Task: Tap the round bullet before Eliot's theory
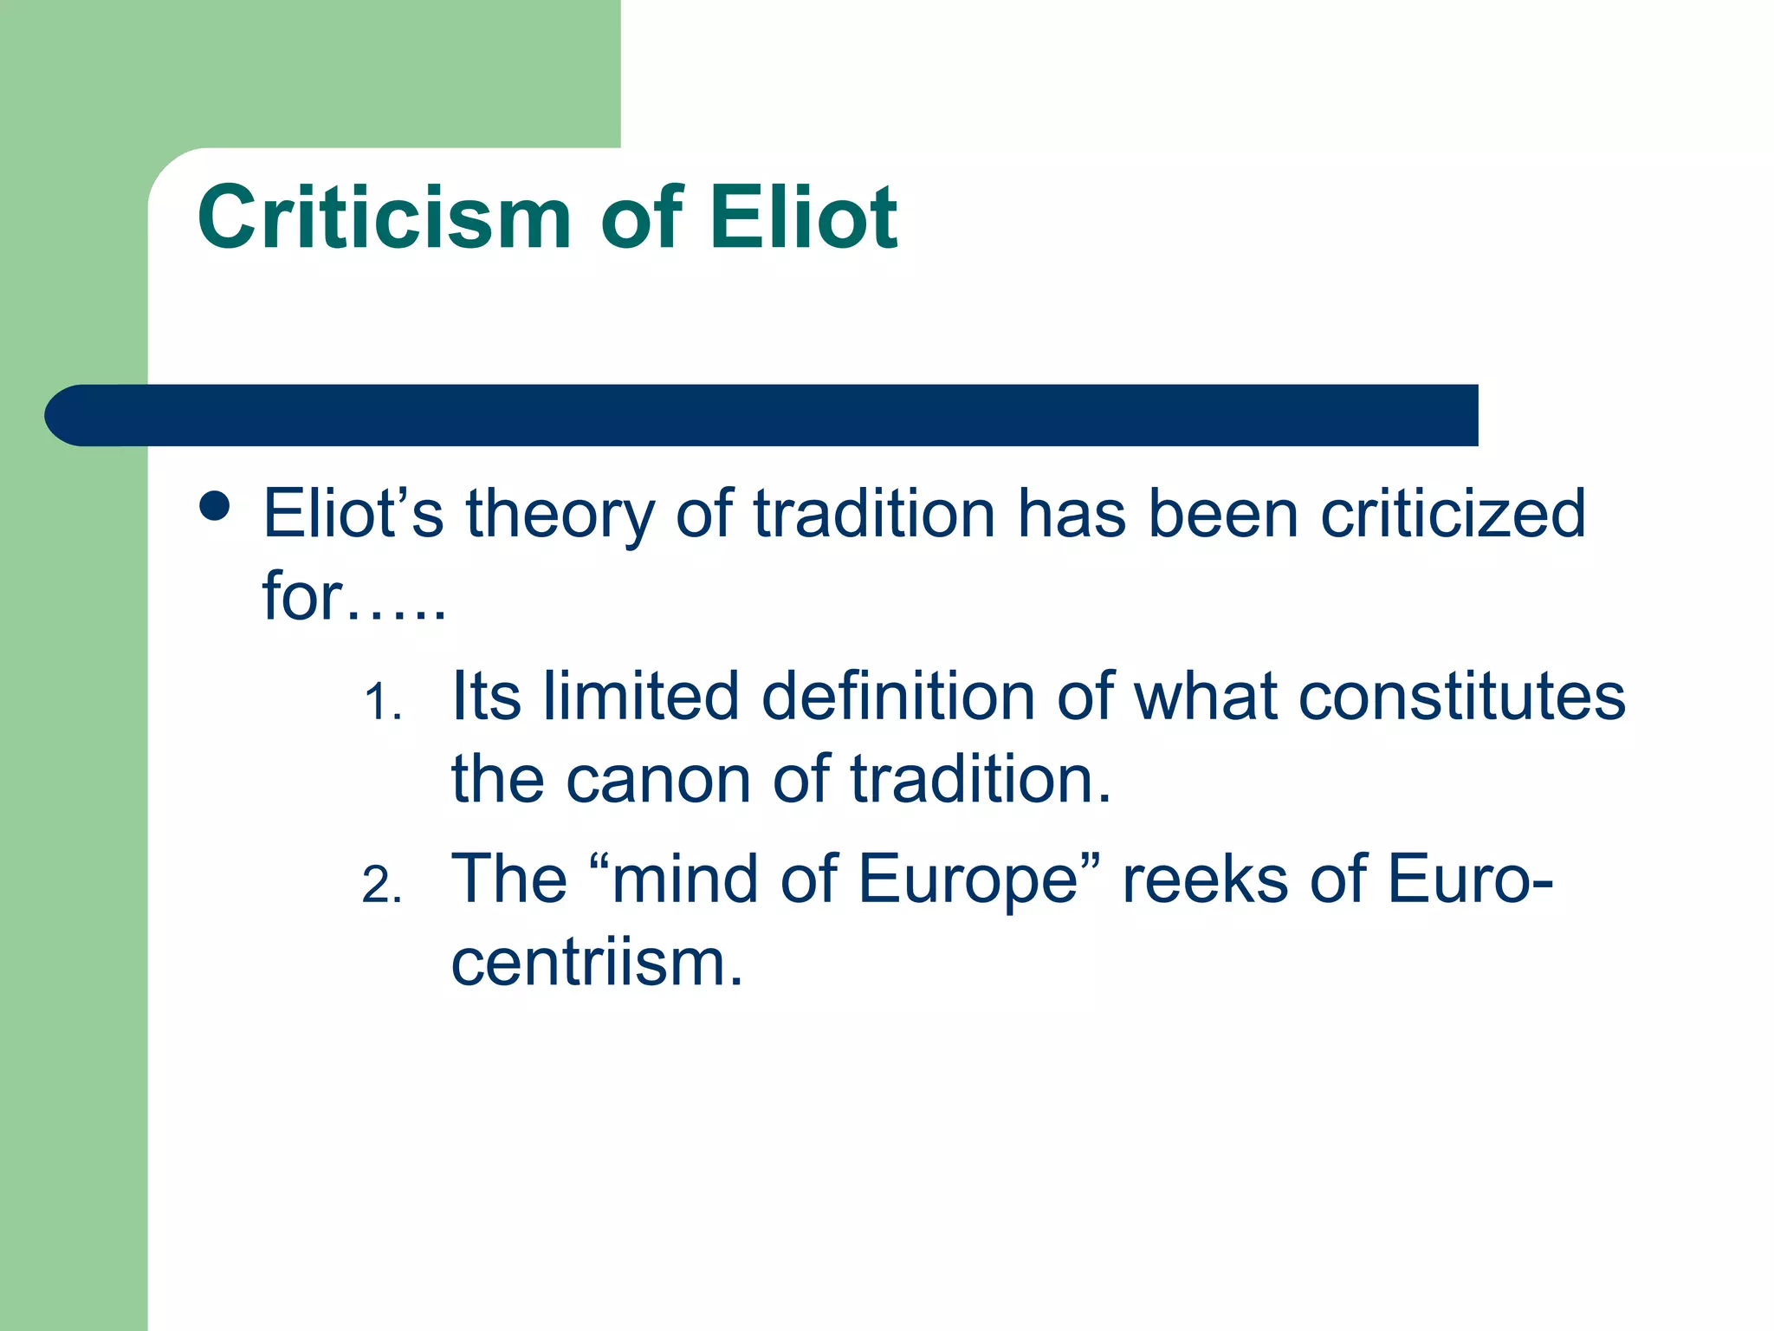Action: pos(214,506)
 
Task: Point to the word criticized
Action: pos(1453,514)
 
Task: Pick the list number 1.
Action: pos(382,702)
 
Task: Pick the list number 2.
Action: pos(382,886)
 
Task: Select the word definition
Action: pos(898,697)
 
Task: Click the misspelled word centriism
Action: pos(596,964)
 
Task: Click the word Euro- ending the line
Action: pos(1469,880)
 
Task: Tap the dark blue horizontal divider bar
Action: pos(762,415)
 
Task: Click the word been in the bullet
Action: pos(1222,514)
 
